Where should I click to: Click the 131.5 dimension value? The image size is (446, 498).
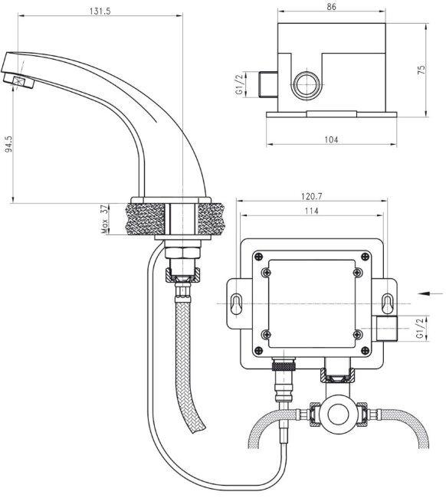coord(94,11)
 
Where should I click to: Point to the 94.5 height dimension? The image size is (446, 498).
coord(8,146)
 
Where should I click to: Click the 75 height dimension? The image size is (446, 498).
coord(441,70)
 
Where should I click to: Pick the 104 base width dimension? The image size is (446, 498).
coord(331,139)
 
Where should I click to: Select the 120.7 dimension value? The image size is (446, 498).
coord(313,197)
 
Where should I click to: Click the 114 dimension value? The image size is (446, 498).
coord(311,211)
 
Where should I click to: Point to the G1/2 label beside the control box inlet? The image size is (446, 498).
coord(420,328)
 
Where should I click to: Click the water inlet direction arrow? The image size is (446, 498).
coord(431,292)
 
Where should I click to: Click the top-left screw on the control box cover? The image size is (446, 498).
coord(267,272)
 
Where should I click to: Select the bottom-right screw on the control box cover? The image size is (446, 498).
coord(357,333)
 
